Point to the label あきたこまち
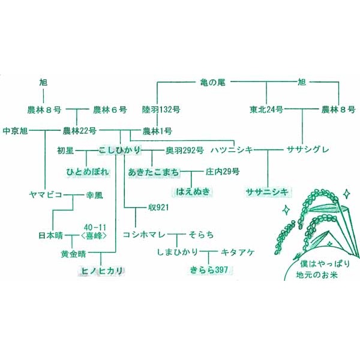coord(153,172)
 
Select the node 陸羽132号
coord(161,110)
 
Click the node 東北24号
coord(266,110)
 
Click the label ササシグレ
coord(307,149)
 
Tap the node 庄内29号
coord(223,172)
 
